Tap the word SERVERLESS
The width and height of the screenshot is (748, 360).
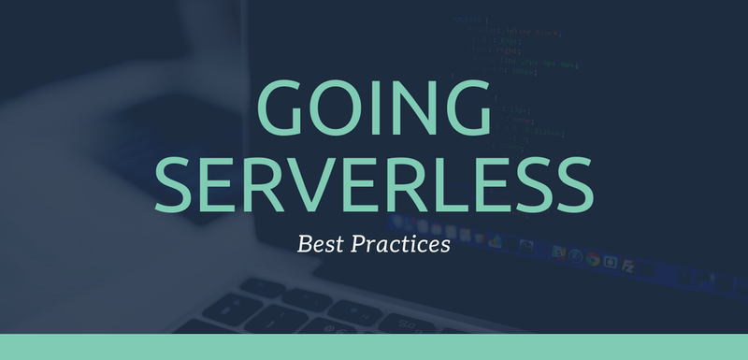(x=374, y=185)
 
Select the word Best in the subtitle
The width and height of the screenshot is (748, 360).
(x=319, y=246)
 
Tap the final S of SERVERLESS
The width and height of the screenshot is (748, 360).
(x=573, y=185)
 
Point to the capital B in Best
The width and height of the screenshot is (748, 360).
(x=305, y=246)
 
